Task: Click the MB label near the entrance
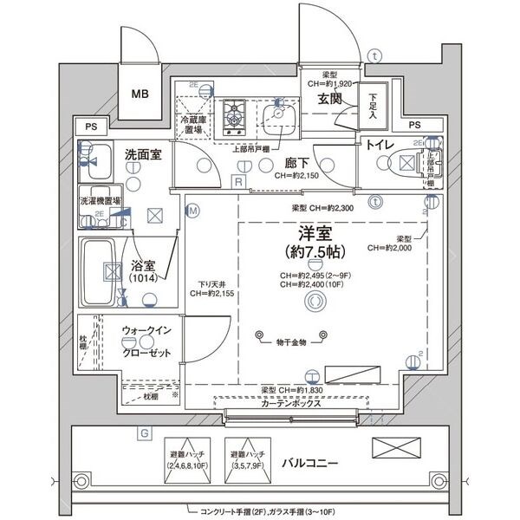(x=140, y=94)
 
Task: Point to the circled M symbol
(x=192, y=210)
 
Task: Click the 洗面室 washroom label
(x=143, y=154)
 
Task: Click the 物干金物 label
(x=292, y=342)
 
